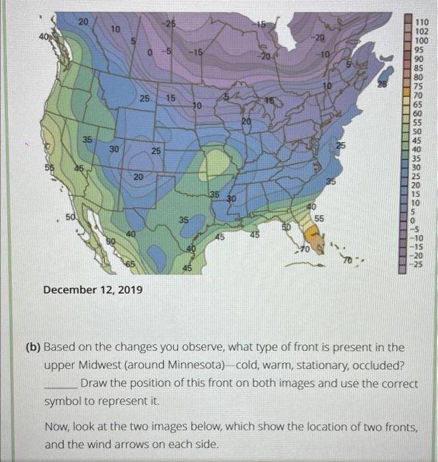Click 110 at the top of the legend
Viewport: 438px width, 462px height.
422,22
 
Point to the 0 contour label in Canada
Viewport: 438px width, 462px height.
150,51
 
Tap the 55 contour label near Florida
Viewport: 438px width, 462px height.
319,218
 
